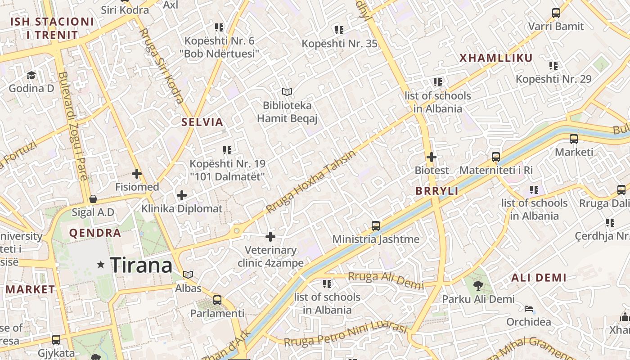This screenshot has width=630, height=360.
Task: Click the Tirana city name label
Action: (x=141, y=265)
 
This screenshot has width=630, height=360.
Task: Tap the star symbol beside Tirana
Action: (x=101, y=265)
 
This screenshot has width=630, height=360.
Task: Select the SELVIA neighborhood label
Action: (x=202, y=122)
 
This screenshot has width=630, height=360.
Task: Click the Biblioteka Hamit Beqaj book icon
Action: (x=287, y=92)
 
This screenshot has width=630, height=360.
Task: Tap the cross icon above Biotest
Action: (x=432, y=157)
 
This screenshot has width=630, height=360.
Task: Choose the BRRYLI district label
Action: (x=436, y=191)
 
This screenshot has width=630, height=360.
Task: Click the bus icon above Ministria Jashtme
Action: (x=376, y=226)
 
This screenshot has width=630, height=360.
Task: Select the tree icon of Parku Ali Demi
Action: (x=478, y=285)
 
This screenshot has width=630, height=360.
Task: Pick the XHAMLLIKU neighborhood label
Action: (x=496, y=58)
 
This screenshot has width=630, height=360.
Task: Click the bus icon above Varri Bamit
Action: (x=556, y=13)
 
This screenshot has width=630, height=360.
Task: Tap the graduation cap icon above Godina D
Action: (x=31, y=75)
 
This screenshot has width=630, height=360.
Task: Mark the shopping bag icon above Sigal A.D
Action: (x=93, y=199)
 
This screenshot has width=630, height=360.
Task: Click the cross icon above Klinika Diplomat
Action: (x=181, y=195)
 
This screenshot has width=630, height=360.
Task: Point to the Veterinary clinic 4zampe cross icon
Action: (x=270, y=237)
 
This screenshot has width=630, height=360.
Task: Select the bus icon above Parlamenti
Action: (x=217, y=300)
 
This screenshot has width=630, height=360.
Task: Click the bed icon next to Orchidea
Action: (x=529, y=309)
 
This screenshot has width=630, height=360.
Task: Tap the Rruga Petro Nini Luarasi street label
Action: (x=345, y=335)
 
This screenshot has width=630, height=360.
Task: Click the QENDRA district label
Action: (x=95, y=233)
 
